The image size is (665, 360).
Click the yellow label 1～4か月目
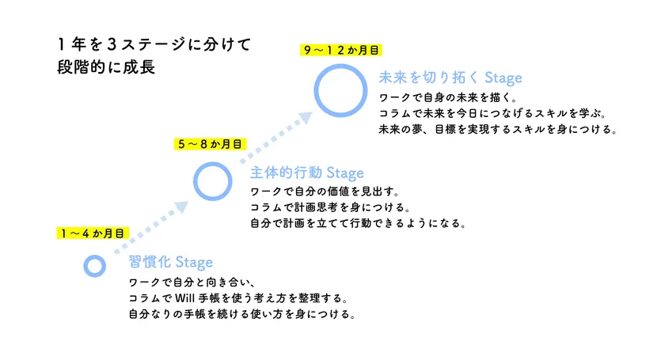coord(93,233)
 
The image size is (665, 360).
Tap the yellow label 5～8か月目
coord(210,144)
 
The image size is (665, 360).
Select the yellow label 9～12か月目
coord(341,50)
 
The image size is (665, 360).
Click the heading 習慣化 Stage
coord(170,262)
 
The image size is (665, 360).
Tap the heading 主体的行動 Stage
coord(307,172)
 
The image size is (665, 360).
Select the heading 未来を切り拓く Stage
coord(450,78)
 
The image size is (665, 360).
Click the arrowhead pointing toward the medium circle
coord(181,207)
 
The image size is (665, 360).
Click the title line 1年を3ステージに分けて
coord(155,44)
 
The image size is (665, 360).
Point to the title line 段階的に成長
coord(106,67)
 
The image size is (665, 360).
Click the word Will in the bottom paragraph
coord(184,298)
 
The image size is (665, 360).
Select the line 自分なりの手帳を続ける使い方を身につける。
coord(242,314)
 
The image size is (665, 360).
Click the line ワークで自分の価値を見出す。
coord(325,191)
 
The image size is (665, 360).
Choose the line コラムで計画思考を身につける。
coord(330,207)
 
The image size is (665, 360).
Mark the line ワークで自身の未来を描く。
coord(448,97)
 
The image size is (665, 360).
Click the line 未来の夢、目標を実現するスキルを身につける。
coord(498,129)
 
